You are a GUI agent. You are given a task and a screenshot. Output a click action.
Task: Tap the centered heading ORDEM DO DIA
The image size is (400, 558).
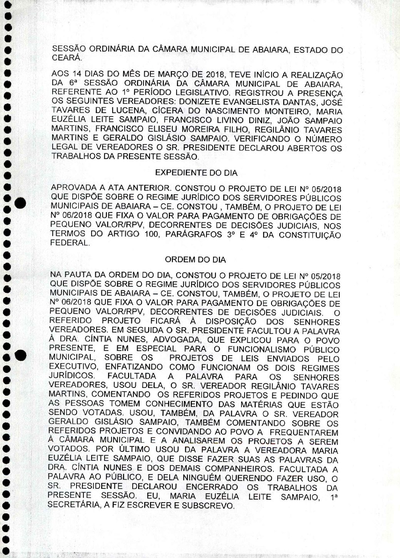195,260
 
